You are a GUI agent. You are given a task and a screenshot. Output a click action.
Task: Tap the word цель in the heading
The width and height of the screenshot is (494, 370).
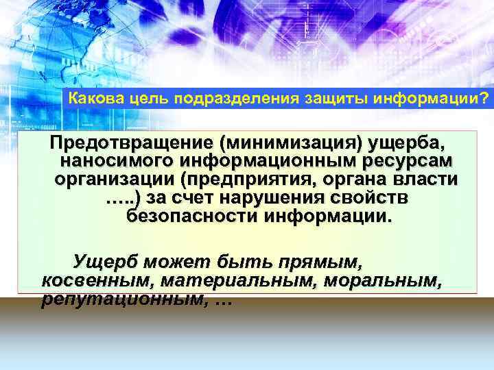(x=148, y=100)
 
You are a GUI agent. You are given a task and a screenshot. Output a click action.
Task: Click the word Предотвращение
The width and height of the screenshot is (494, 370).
(x=130, y=145)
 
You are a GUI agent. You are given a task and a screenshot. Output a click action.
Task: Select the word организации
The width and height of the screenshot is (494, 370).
(x=115, y=181)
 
